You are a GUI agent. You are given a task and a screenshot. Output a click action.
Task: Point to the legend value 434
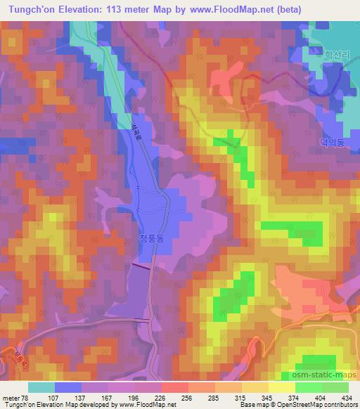click(x=345, y=397)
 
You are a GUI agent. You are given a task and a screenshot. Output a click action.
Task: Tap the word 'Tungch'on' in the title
click(x=27, y=9)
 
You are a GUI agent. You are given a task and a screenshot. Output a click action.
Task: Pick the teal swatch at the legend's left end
click(x=41, y=387)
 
